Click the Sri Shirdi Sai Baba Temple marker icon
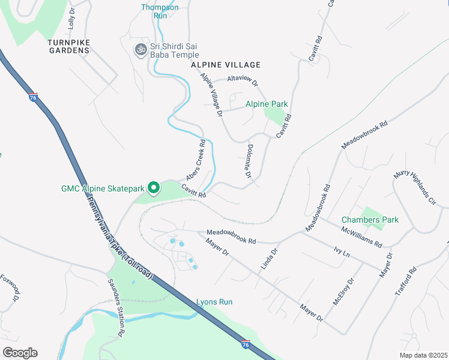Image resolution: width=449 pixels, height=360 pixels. coord(141,49)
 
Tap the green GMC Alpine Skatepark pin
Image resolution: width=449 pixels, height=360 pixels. coord(153,188)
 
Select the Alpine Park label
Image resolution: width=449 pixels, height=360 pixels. coord(267,104)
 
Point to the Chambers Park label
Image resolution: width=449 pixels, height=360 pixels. coord(370,220)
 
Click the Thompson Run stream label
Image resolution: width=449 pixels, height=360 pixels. coord(160,11)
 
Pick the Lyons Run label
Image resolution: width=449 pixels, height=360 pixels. coord(214,302)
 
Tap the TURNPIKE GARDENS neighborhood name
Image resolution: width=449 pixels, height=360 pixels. coord(69,50)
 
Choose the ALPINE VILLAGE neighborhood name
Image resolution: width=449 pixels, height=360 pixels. coord(226,65)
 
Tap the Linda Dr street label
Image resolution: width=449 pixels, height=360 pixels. coord(268,259)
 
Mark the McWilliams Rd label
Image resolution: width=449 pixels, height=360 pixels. coord(361,236)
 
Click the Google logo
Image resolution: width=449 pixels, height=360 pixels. coord(20,353)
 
